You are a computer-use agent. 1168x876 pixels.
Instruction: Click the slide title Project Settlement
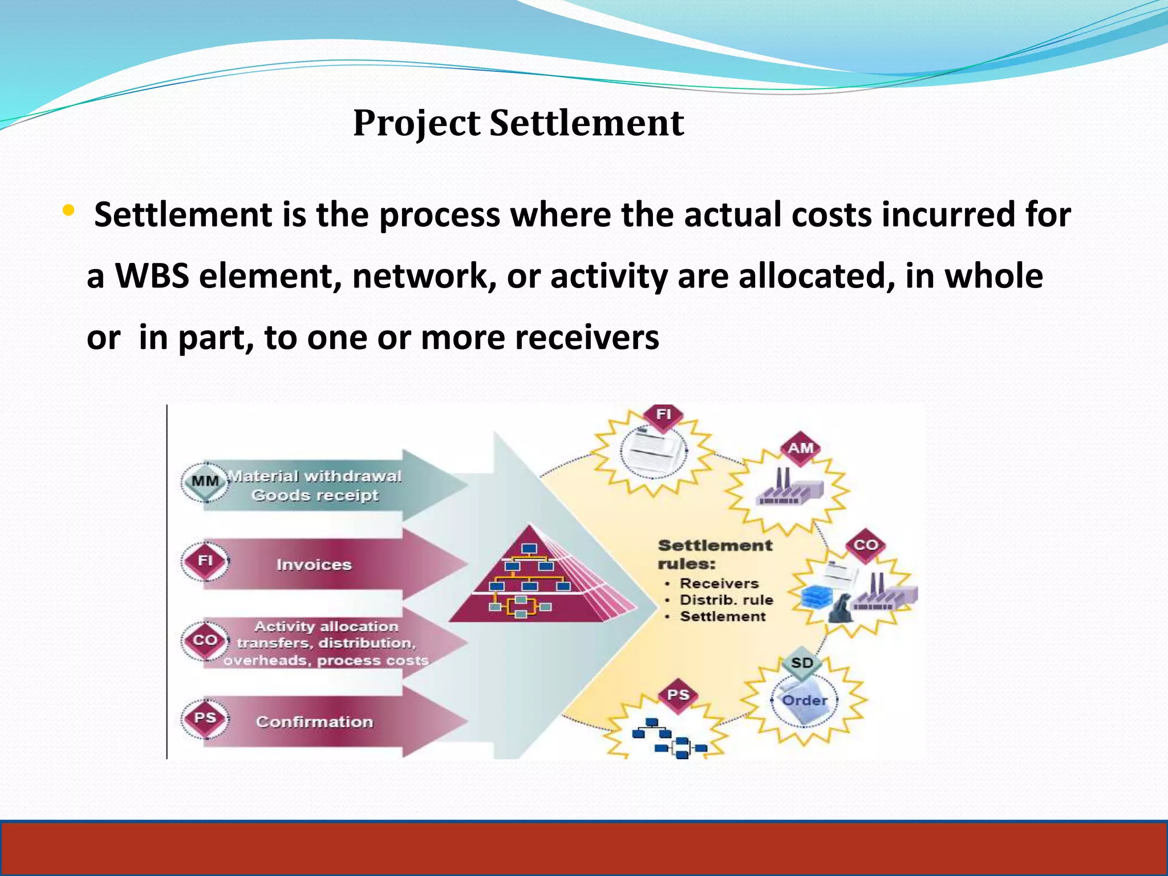click(518, 123)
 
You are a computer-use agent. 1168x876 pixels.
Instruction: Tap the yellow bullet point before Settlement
click(68, 211)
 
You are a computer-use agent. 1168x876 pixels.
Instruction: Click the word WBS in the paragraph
click(152, 277)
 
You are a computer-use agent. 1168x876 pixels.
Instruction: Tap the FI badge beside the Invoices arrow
click(205, 561)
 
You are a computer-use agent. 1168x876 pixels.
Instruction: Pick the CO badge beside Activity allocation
click(205, 640)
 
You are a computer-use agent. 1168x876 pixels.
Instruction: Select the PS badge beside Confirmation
click(205, 717)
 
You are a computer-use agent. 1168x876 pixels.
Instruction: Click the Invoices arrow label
click(314, 565)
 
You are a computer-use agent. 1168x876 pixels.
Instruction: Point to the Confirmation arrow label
click(314, 722)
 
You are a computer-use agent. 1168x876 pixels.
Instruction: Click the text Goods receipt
click(315, 496)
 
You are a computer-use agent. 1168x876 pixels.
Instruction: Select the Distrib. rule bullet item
click(726, 600)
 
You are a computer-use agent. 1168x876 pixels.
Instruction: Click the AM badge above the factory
click(800, 449)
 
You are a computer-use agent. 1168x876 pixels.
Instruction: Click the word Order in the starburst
click(804, 701)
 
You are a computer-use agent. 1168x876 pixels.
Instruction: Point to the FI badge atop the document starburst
click(663, 415)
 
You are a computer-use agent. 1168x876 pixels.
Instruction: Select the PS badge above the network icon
click(678, 695)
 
